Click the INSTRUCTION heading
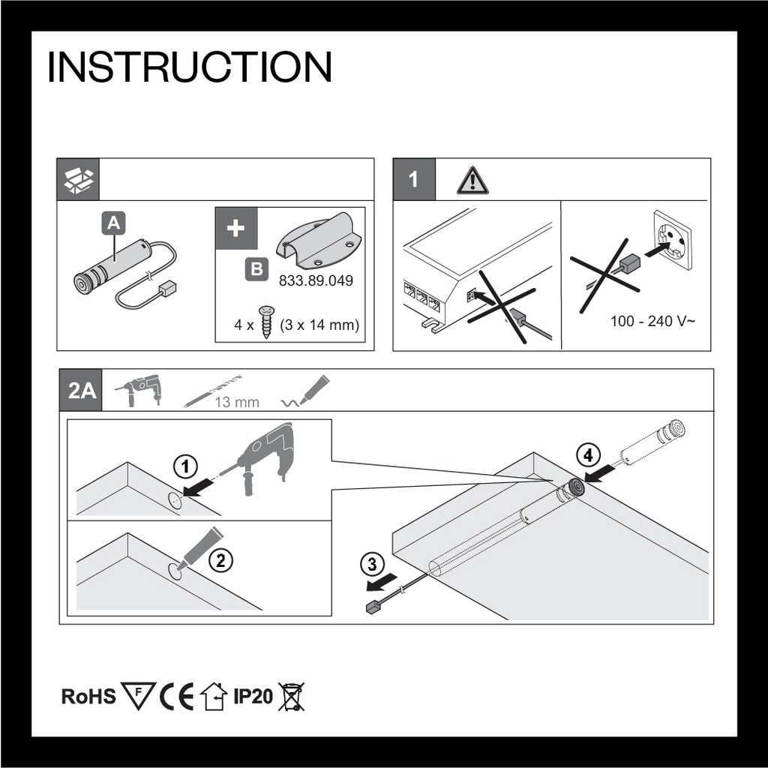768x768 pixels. click(190, 67)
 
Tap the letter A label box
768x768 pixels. click(113, 223)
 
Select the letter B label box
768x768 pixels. click(256, 269)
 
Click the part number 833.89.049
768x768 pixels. click(316, 280)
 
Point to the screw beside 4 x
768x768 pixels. click(266, 322)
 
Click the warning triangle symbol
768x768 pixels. click(472, 180)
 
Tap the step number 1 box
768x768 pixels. click(414, 179)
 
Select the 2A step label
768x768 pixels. click(81, 390)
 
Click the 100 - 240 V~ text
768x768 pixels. click(652, 321)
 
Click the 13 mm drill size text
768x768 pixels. click(236, 402)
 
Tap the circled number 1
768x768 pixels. click(186, 466)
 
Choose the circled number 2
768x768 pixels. click(221, 559)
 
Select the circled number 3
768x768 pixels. click(372, 564)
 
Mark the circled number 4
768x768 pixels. click(588, 455)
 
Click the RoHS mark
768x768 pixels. click(88, 696)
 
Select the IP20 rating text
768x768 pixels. click(253, 696)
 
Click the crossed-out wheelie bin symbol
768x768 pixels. click(291, 697)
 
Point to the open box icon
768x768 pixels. click(78, 180)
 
